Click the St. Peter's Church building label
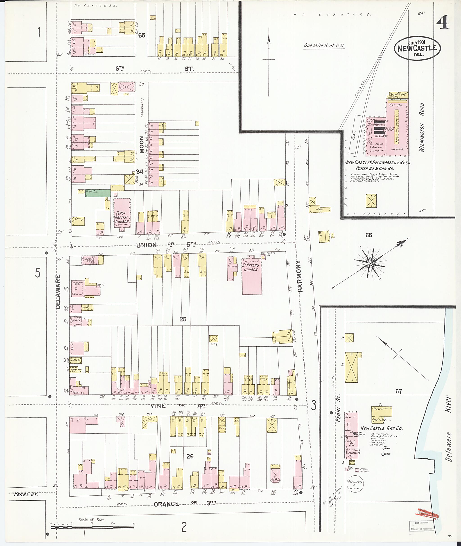[251, 267]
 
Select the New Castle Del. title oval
[417, 48]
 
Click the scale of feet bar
[92, 528]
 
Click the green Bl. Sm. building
[98, 193]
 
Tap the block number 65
[142, 35]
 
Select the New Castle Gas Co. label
[382, 428]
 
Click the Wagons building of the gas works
[382, 411]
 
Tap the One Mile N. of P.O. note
[324, 45]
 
